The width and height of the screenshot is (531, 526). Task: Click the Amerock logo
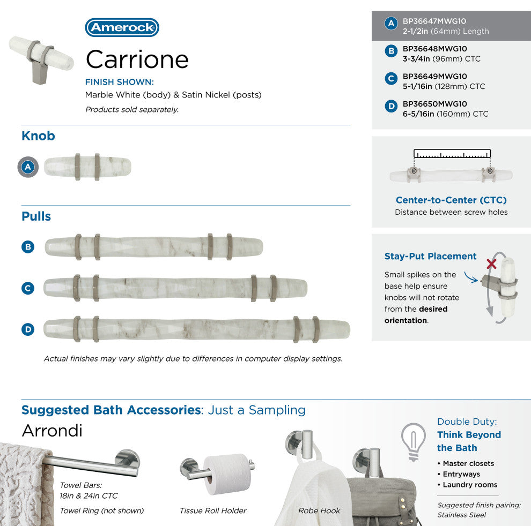[x=122, y=28]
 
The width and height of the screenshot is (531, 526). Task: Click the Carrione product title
[x=137, y=59]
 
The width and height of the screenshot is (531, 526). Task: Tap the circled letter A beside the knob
[x=28, y=167]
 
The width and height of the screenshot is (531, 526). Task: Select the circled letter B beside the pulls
[x=28, y=247]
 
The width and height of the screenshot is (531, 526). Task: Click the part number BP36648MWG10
[x=434, y=49]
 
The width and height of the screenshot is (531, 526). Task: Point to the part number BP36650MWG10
[x=434, y=104]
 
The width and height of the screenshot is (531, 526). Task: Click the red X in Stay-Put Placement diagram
[x=490, y=264]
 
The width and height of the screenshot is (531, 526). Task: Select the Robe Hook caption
[x=319, y=510]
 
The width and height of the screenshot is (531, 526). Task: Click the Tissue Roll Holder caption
[x=213, y=510]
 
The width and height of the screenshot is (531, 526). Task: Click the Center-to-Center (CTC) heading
[x=451, y=200]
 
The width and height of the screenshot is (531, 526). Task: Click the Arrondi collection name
[x=52, y=431]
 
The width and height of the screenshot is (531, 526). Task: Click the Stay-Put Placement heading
[x=430, y=257]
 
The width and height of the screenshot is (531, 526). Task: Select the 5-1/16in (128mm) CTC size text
[x=444, y=86]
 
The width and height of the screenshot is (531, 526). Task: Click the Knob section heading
[x=38, y=136]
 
